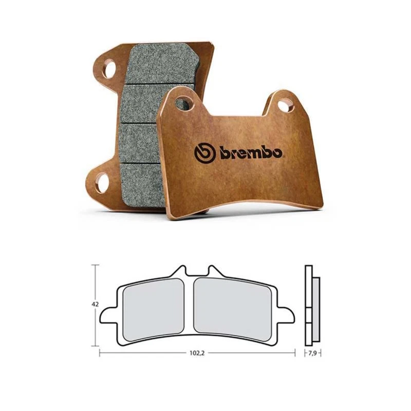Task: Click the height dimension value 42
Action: tap(95, 304)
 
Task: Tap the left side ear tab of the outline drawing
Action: tap(107, 314)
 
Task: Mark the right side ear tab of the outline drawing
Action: tap(287, 314)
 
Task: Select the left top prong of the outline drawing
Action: tap(180, 270)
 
